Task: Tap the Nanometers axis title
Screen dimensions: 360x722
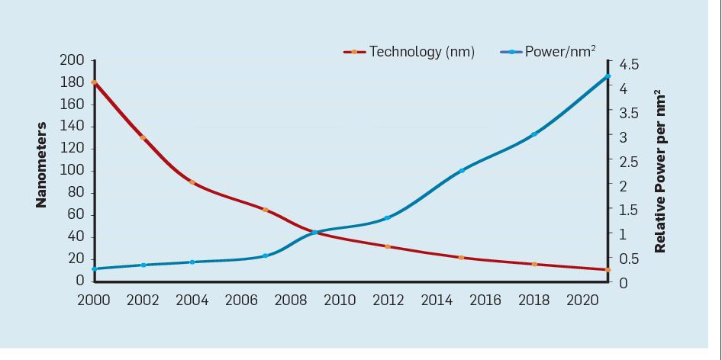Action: [x=42, y=165]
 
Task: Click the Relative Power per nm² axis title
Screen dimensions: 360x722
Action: [x=659, y=172]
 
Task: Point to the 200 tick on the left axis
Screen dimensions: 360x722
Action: [x=73, y=60]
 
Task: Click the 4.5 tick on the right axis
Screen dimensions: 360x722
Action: [x=630, y=64]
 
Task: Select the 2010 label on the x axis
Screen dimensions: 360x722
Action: [x=340, y=300]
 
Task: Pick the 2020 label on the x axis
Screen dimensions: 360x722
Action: [x=582, y=300]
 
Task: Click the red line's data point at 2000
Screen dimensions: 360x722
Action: [x=95, y=82]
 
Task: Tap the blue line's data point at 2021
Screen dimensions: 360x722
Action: [x=608, y=76]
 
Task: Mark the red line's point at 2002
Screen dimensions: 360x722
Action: [x=143, y=138]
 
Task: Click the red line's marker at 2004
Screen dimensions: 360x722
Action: [x=192, y=182]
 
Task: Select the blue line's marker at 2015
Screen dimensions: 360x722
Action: [x=462, y=171]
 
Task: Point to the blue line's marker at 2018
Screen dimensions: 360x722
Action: [x=534, y=134]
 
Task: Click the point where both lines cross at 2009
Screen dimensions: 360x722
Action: [x=314, y=232]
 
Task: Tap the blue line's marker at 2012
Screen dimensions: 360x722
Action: [x=388, y=218]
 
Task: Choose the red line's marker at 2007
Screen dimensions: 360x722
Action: [x=266, y=210]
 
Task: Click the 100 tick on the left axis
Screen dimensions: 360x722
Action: [x=73, y=170]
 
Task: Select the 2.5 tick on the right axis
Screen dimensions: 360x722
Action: [x=630, y=162]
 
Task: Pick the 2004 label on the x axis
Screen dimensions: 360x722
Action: [x=192, y=300]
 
